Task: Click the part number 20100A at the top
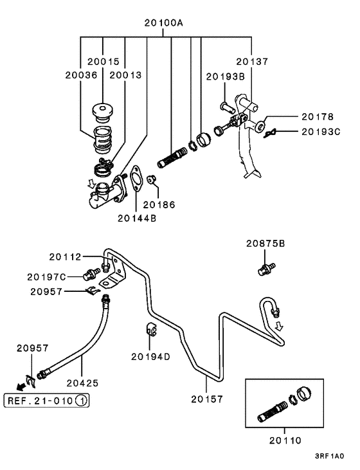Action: pyautogui.click(x=163, y=23)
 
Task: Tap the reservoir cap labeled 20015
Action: pyautogui.click(x=102, y=113)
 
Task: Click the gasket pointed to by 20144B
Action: pyautogui.click(x=136, y=178)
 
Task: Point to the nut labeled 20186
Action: pyautogui.click(x=151, y=180)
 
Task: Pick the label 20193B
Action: pyautogui.click(x=226, y=77)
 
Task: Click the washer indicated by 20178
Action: pyautogui.click(x=260, y=125)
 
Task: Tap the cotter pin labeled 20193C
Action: pyautogui.click(x=271, y=133)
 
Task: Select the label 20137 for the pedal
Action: pyautogui.click(x=252, y=62)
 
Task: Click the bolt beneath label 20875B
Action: pyautogui.click(x=266, y=269)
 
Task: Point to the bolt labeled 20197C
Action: pyautogui.click(x=91, y=274)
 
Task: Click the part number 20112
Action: pyautogui.click(x=66, y=257)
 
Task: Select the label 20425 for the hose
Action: pyautogui.click(x=82, y=383)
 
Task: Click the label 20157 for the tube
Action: pyautogui.click(x=207, y=399)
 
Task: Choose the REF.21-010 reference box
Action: pyautogui.click(x=46, y=401)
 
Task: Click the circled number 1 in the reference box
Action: pyautogui.click(x=82, y=401)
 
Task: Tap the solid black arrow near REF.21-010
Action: pyautogui.click(x=21, y=387)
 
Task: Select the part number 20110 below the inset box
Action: pyautogui.click(x=285, y=440)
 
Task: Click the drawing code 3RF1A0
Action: pyautogui.click(x=329, y=456)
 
